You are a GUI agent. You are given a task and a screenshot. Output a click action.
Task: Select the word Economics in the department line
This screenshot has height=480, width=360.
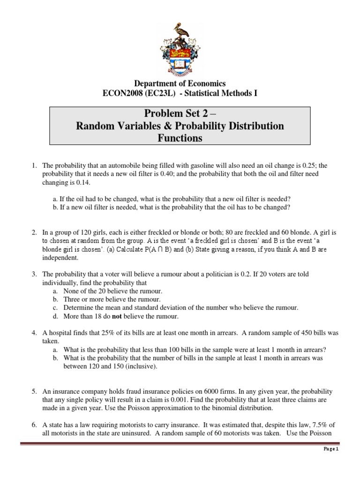pos(205,83)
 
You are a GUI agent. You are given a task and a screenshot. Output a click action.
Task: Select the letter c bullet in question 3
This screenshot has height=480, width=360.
pos(55,307)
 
